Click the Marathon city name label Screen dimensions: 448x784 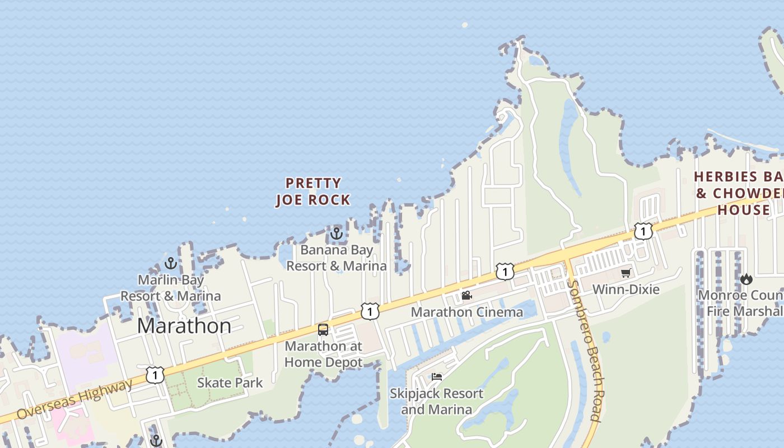(x=184, y=326)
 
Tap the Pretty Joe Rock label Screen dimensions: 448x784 (x=313, y=192)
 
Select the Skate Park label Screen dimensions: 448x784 (x=230, y=383)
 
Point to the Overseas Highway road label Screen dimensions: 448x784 (x=75, y=399)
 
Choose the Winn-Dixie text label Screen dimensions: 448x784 (x=626, y=290)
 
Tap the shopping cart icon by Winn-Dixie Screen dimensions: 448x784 (x=626, y=273)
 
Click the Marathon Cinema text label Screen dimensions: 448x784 (x=466, y=312)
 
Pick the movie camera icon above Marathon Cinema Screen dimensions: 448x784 (x=466, y=295)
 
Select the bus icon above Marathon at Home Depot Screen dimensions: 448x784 (x=323, y=329)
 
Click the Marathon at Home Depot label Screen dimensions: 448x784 (x=323, y=354)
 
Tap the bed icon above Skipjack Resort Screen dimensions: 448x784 (x=437, y=377)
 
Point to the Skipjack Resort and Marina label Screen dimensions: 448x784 (x=436, y=402)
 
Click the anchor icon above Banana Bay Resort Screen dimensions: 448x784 (x=336, y=233)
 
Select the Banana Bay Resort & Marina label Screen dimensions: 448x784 (x=336, y=258)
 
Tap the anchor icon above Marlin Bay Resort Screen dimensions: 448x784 (x=171, y=263)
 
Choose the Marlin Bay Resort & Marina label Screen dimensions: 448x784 (x=171, y=288)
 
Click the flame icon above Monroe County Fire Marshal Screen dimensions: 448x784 (x=746, y=278)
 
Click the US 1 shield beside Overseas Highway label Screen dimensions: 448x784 (x=155, y=375)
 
